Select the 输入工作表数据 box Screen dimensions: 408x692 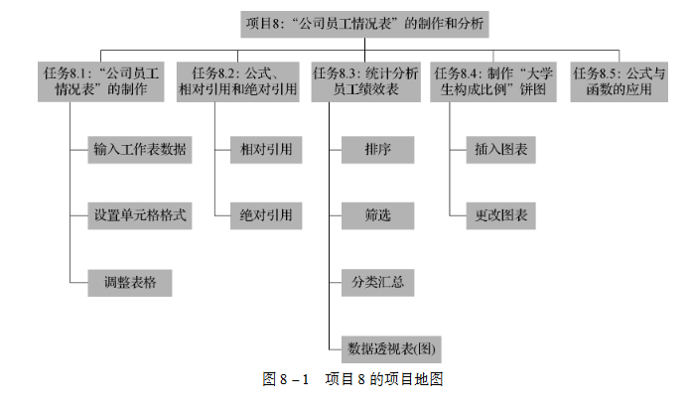tap(139, 150)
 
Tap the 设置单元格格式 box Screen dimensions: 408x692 tap(139, 214)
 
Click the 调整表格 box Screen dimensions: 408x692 tap(129, 281)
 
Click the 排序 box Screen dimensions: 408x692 tap(374, 150)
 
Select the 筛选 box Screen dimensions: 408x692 tap(374, 214)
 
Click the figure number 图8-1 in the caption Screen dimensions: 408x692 tap(286, 379)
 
